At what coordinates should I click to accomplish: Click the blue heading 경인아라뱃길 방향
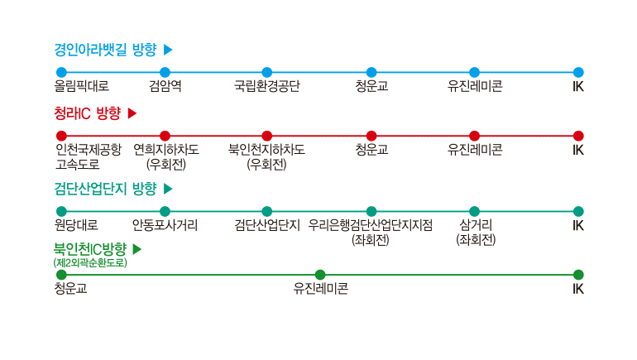point(105,50)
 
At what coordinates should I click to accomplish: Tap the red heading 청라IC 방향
point(88,113)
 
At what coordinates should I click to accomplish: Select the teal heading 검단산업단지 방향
point(105,189)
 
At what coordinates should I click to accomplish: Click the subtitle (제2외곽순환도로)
point(90,262)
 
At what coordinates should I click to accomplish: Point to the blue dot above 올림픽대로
point(61,72)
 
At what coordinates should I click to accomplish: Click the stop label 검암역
point(165,86)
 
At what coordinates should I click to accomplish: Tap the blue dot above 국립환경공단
point(267,72)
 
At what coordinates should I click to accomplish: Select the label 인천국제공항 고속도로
point(89,157)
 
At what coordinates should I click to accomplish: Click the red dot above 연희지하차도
point(165,136)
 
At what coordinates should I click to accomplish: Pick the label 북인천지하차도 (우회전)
point(266,157)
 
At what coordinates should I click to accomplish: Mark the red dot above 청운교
point(371,136)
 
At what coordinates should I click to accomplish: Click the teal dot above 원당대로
point(61,211)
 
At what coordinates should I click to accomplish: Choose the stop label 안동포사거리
point(165,225)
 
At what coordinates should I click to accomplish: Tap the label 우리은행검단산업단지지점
point(370,225)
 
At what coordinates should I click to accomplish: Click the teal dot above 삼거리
point(475,211)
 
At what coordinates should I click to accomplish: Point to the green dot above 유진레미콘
point(320,275)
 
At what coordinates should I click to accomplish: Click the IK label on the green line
point(578,289)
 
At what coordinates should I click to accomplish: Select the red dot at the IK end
point(578,136)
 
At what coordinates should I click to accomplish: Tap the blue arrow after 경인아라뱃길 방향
point(168,50)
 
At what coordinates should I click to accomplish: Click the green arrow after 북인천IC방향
point(136,249)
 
